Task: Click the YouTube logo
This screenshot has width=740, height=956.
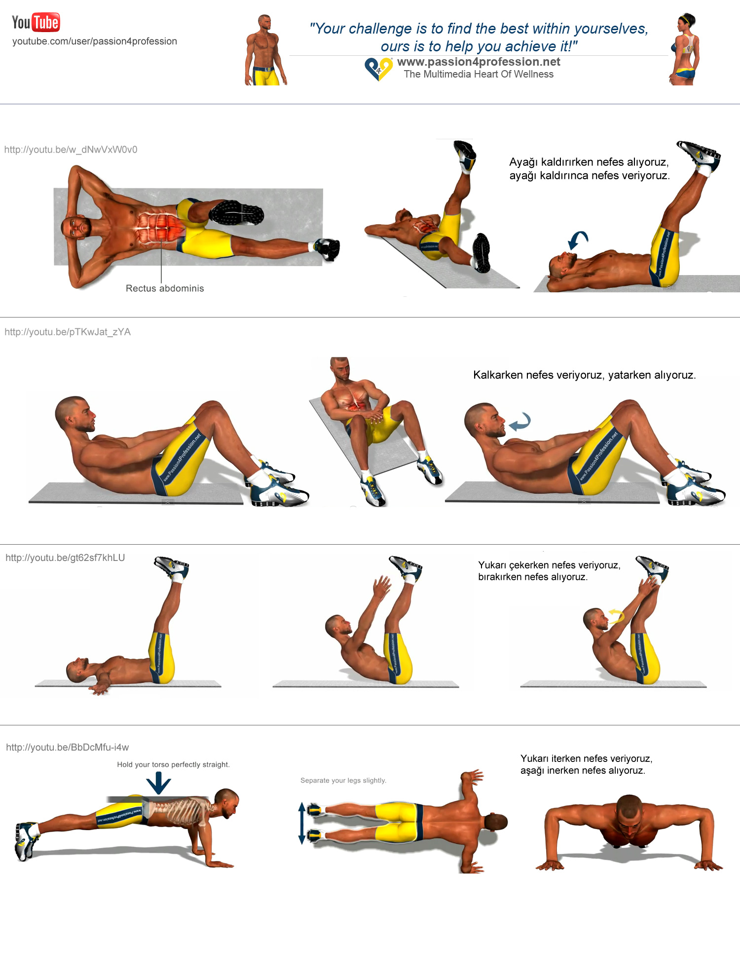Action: point(36,22)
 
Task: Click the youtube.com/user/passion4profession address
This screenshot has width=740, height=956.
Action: point(95,41)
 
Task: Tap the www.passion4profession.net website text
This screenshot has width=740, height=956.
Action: point(479,62)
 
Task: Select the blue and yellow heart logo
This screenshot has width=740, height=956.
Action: point(378,69)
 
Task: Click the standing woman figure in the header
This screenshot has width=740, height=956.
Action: point(685,49)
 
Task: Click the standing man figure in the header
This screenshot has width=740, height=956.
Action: point(265,50)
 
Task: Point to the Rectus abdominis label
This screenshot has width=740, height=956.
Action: point(165,288)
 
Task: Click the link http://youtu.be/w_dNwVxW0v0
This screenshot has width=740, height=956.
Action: point(71,150)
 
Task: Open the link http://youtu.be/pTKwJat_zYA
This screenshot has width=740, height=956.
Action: point(68,332)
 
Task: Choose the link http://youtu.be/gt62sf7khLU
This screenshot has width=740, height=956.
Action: point(65,558)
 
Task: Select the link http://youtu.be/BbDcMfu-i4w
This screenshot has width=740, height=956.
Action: point(68,747)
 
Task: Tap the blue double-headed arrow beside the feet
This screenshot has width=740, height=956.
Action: point(302,823)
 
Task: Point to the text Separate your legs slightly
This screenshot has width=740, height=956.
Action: point(343,780)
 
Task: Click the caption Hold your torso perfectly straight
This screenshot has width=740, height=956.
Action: point(173,764)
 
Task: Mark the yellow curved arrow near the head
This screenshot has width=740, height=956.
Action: point(617,615)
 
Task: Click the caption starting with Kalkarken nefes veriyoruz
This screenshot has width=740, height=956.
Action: point(585,375)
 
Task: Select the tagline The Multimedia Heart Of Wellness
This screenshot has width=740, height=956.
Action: point(479,74)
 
